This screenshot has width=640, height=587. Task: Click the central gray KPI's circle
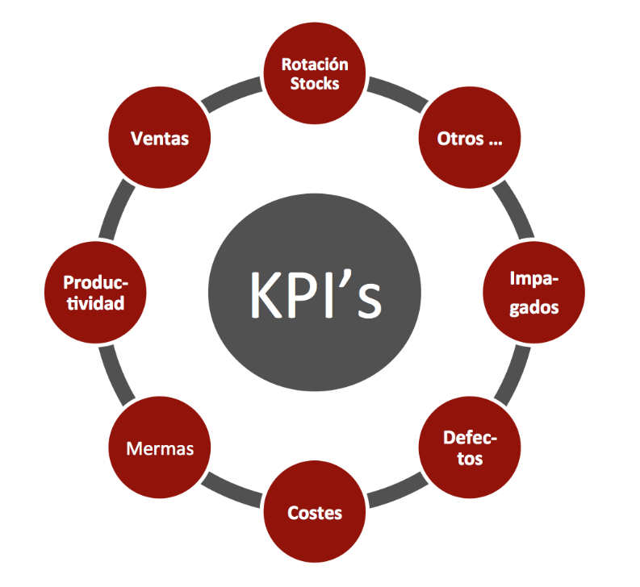pos(314,294)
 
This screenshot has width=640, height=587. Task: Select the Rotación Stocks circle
pos(315,73)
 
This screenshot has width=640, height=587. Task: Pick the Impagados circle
pos(533,293)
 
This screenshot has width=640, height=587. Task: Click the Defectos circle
pos(470,448)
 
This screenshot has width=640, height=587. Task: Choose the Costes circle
pos(315,512)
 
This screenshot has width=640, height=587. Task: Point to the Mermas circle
pos(160,448)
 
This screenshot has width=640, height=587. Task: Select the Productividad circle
pos(95,293)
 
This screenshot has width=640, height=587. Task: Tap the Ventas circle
pos(160,138)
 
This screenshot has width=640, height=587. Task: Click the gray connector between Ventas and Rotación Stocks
pos(233,94)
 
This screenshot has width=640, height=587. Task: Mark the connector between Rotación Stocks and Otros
pos(396,94)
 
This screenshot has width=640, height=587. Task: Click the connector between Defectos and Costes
pos(396,490)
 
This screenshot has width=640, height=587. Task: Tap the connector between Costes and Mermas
pos(233,490)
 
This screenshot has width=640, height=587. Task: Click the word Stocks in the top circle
pos(315,83)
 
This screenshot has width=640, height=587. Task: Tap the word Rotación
pos(315,65)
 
